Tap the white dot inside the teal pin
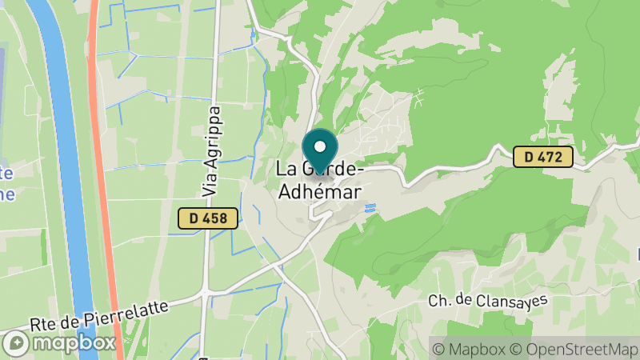320,147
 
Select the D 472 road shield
543,157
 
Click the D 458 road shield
208,218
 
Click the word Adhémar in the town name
318,192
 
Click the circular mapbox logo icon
16,342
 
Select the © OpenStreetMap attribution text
571,349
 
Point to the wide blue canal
67,160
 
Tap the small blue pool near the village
370,209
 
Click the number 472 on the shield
550,157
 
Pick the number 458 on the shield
215,218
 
